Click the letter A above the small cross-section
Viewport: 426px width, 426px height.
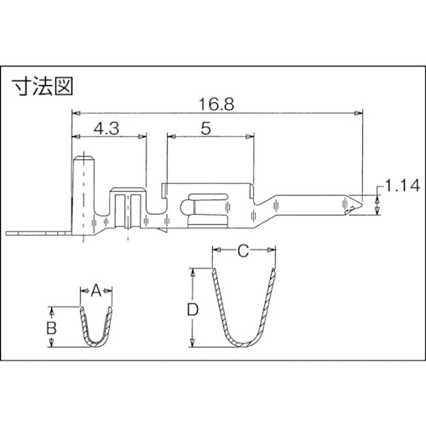96,290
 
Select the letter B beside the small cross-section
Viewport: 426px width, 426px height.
52,326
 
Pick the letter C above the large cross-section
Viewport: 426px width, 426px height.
244,251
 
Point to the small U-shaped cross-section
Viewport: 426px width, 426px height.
96,328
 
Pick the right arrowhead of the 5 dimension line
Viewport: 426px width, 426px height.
253,136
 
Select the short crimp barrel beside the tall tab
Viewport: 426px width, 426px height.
129,209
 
